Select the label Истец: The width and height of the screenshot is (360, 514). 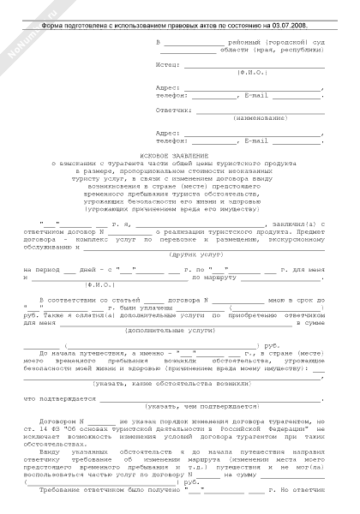(170, 64)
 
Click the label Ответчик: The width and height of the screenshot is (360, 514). (174, 111)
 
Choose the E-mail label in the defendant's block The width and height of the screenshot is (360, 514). (257, 140)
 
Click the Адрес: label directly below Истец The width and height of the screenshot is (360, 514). (168, 87)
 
